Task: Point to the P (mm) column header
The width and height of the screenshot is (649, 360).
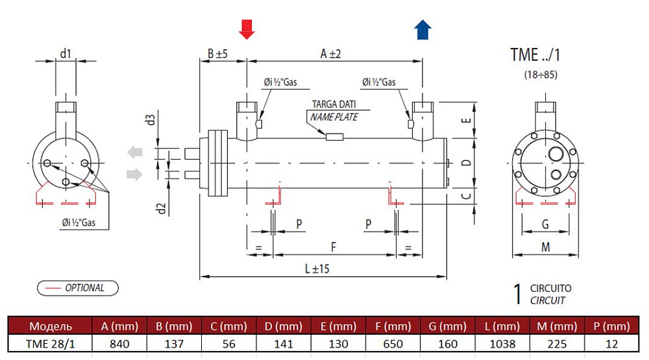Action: click(x=610, y=326)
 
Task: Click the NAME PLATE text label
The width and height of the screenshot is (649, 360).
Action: click(x=334, y=117)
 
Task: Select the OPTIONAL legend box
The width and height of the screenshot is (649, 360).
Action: click(x=78, y=287)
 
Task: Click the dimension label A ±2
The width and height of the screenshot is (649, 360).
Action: click(x=331, y=54)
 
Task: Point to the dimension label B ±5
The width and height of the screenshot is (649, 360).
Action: click(x=217, y=54)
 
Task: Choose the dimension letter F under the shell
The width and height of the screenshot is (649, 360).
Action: click(x=334, y=247)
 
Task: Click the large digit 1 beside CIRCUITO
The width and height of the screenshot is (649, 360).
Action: click(x=517, y=294)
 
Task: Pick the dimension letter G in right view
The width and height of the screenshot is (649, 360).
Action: click(x=545, y=224)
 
